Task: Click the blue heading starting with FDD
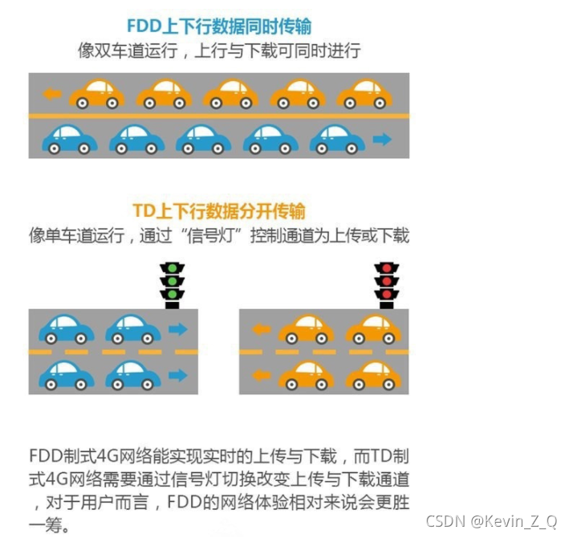click(218, 26)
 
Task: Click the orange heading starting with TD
click(218, 211)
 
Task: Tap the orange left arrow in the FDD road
click(52, 94)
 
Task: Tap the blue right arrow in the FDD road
click(383, 140)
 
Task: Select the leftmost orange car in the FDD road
click(97, 94)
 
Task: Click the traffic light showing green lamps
click(170, 283)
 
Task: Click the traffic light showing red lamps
click(387, 283)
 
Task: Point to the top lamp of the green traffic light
click(170, 268)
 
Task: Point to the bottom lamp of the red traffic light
click(387, 295)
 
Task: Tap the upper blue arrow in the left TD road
click(177, 328)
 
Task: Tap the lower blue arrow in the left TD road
click(177, 375)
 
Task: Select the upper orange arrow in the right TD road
click(260, 328)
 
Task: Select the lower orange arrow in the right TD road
click(260, 375)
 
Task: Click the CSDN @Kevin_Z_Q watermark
click(490, 521)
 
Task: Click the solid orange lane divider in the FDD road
click(218, 116)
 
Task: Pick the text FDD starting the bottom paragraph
click(45, 457)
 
